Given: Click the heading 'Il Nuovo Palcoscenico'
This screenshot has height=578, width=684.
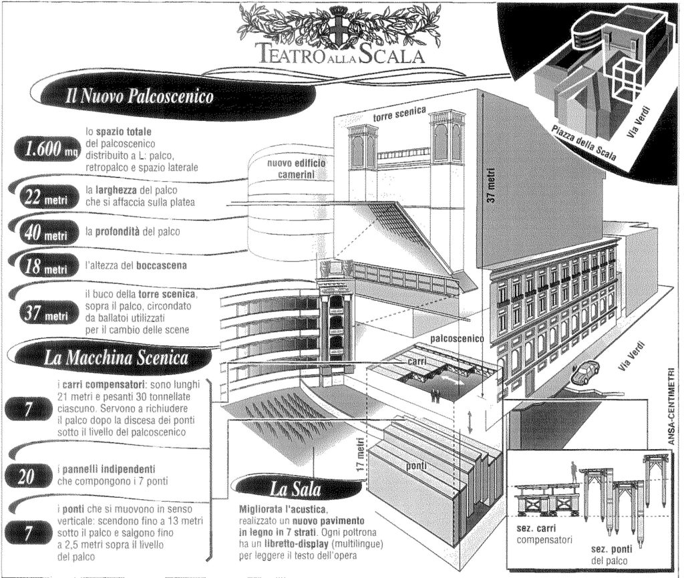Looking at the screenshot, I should tap(139, 98).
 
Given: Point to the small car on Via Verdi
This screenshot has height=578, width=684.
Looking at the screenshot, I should tap(584, 372).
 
